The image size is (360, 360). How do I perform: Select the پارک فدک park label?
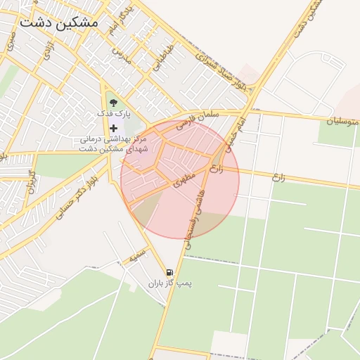click(x=113, y=113)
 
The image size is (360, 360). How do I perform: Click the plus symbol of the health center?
click(x=114, y=127)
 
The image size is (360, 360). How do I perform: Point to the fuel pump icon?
click(x=169, y=272)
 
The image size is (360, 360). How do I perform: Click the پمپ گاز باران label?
click(x=169, y=283)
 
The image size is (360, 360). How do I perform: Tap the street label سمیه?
click(x=136, y=255)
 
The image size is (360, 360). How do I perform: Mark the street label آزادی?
click(x=50, y=49)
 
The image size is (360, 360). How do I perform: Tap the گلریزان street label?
click(x=30, y=181)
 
